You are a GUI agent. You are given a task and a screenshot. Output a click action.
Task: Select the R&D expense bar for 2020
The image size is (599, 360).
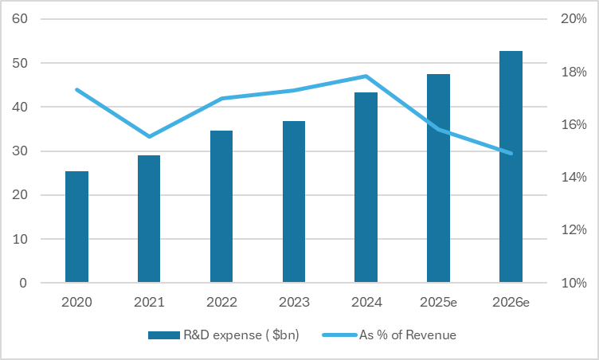point(76,227)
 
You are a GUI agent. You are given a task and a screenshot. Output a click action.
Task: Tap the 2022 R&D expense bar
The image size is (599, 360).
point(221,206)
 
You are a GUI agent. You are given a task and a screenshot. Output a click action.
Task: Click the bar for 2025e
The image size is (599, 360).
point(438,178)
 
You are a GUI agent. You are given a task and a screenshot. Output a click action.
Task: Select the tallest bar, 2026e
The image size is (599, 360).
point(511,166)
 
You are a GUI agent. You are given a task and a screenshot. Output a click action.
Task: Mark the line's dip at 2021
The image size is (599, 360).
point(149,136)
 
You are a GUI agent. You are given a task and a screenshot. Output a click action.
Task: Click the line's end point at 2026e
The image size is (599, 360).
point(511,153)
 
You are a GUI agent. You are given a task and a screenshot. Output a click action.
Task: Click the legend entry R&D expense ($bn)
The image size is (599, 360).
point(224,335)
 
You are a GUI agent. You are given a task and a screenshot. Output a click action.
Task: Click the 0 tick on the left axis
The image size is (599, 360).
point(24,283)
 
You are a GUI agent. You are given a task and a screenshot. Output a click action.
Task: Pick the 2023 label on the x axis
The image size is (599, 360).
point(294,303)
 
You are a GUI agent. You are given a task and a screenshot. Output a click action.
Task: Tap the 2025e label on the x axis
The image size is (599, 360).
point(438,303)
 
